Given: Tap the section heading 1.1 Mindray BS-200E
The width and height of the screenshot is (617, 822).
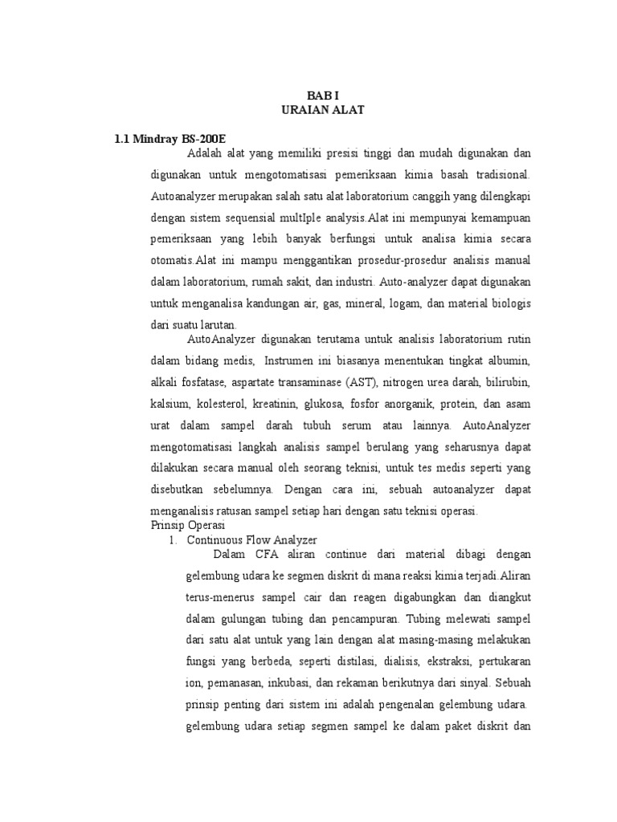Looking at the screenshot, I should (170, 140).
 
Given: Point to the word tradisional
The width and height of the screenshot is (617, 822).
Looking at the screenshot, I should (495, 174).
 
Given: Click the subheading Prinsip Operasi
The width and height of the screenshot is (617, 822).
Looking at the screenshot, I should (183, 525).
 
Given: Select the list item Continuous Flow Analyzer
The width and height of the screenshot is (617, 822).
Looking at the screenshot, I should (251, 540).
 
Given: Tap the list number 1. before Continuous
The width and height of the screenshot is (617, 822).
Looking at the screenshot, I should (173, 540).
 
